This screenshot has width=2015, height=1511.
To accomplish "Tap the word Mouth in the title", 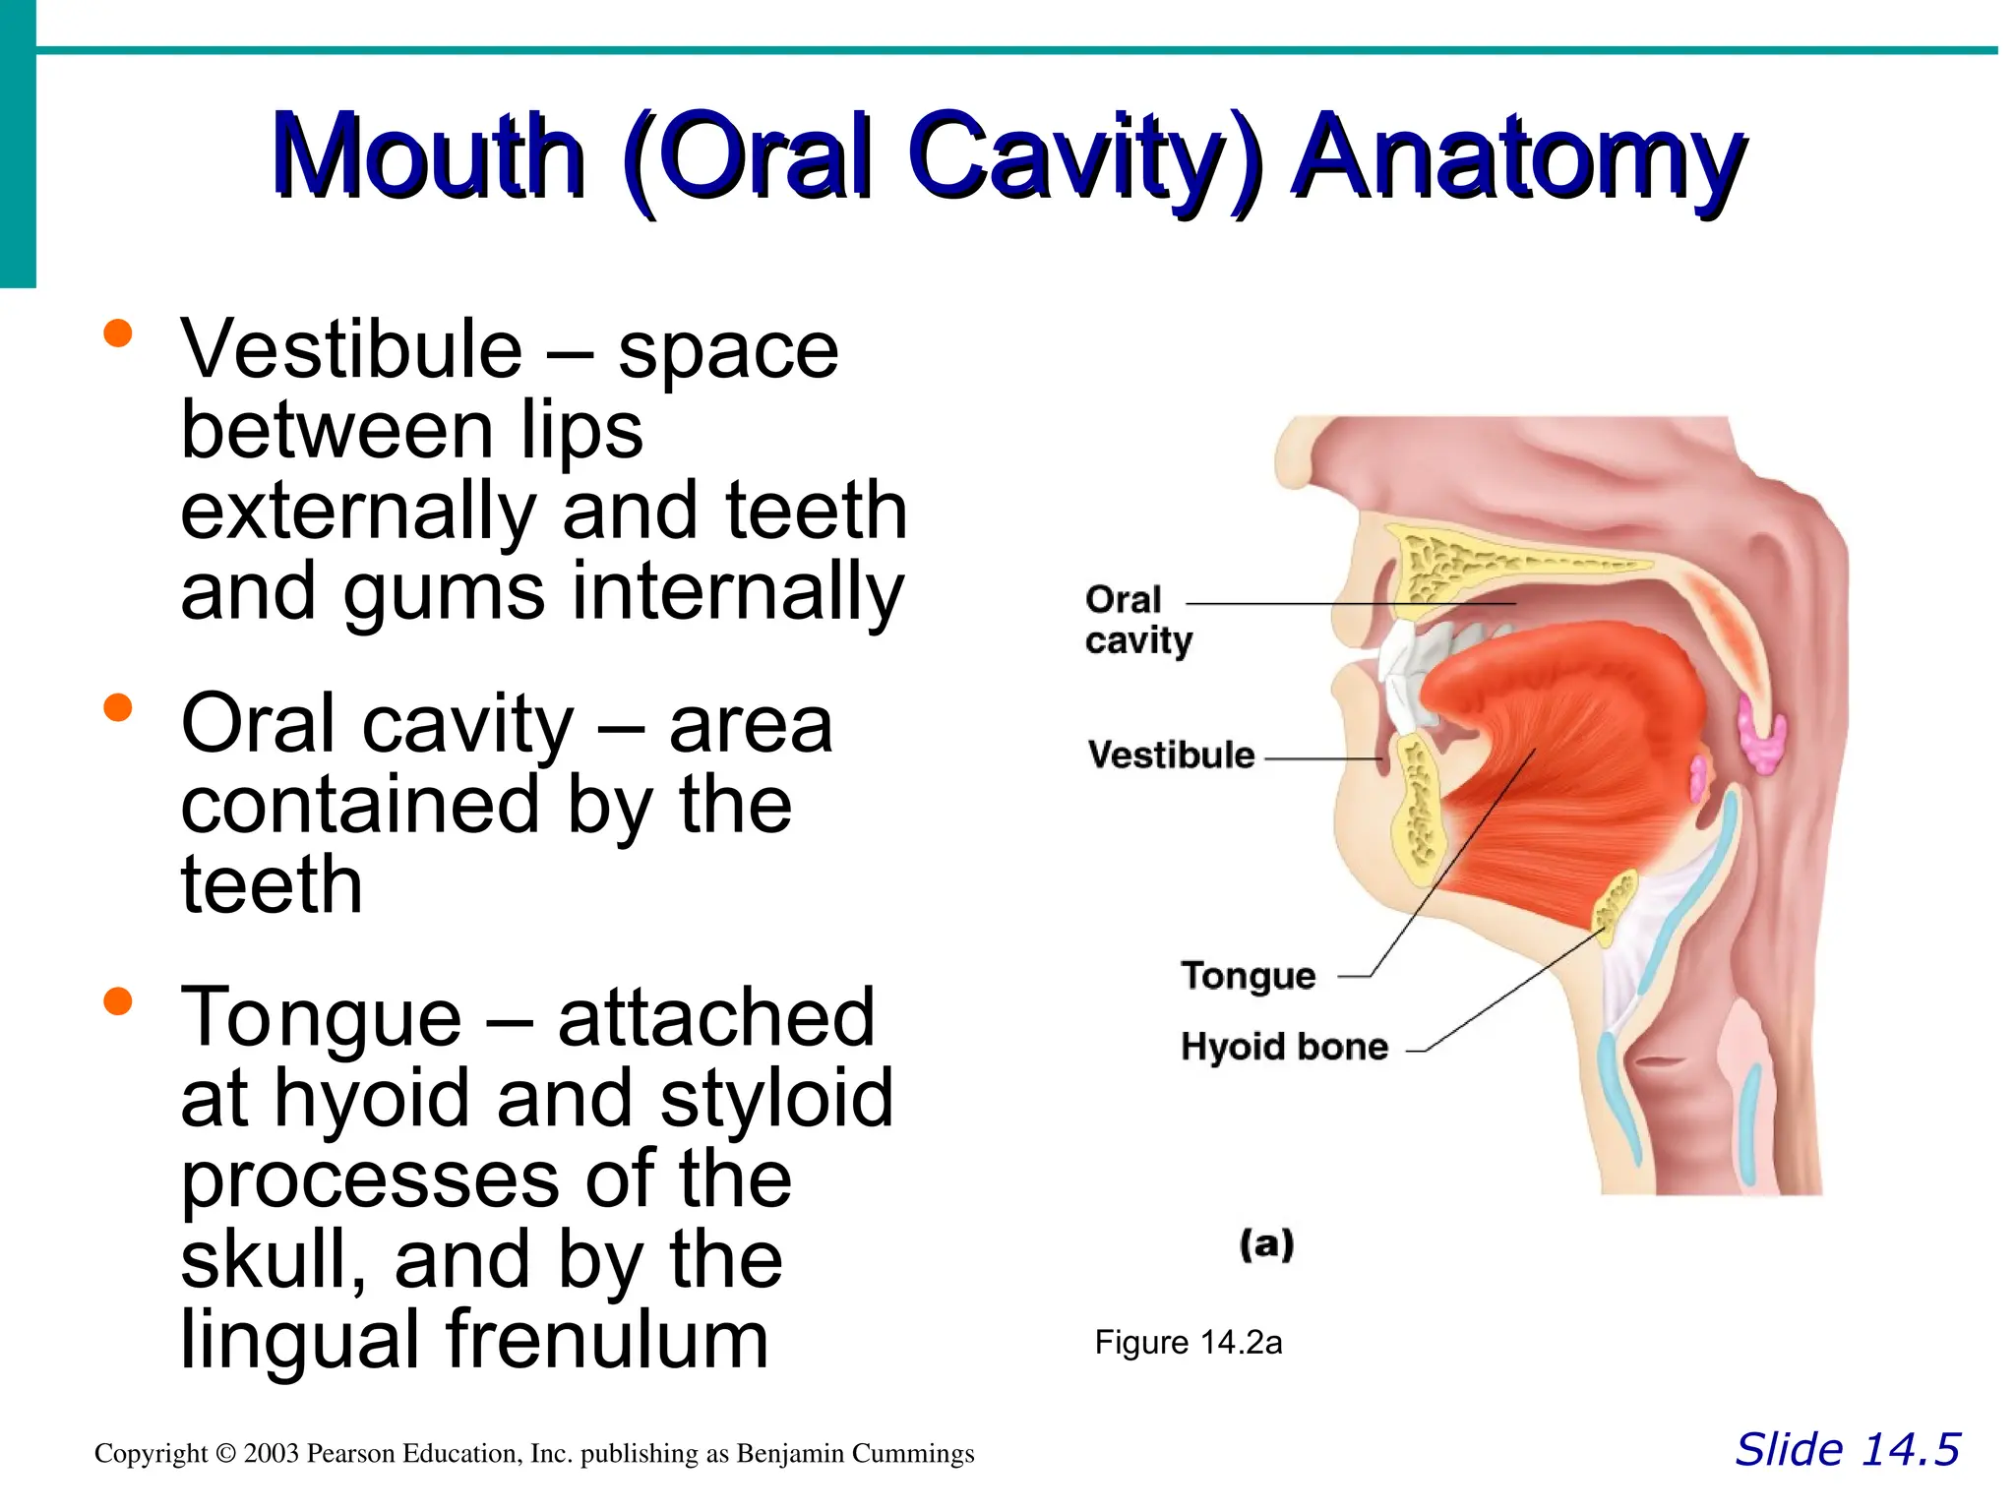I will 429,157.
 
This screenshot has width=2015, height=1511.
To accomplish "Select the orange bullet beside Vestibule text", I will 117,333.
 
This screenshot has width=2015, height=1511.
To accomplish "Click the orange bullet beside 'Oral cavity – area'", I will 117,707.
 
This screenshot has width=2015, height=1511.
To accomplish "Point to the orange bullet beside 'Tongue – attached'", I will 117,1001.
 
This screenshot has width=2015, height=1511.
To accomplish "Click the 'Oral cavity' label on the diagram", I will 1137,619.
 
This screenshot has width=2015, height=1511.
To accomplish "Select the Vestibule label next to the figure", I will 1171,755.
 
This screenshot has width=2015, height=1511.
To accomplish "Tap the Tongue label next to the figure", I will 1248,975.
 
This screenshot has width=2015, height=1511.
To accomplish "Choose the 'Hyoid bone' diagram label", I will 1284,1046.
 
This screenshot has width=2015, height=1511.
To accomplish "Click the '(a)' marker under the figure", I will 1266,1243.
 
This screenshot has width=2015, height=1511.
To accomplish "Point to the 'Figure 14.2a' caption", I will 1188,1342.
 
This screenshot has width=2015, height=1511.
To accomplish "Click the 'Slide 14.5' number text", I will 1847,1450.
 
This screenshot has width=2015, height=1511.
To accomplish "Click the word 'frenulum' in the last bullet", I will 606,1340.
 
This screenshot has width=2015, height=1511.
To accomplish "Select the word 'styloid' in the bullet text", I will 776,1098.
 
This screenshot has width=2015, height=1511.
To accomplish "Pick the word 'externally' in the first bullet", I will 358,511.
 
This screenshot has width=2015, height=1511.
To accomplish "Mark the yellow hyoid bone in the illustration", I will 1614,903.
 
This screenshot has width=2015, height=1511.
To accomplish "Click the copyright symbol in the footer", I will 226,1453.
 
